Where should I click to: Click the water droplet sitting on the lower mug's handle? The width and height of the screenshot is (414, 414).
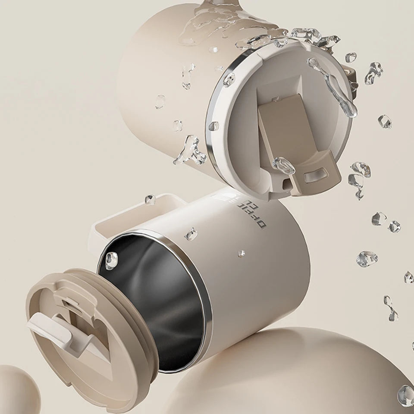(150, 199)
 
